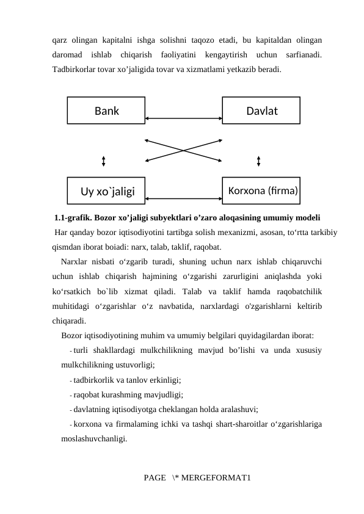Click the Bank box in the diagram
click(106, 110)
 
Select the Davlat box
click(261, 110)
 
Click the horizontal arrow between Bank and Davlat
click(184, 118)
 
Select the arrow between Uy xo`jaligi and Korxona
click(184, 198)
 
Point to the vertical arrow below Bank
click(104, 161)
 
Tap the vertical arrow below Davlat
click(260, 161)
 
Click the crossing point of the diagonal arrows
click(184, 150)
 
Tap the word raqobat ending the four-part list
click(207, 247)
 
